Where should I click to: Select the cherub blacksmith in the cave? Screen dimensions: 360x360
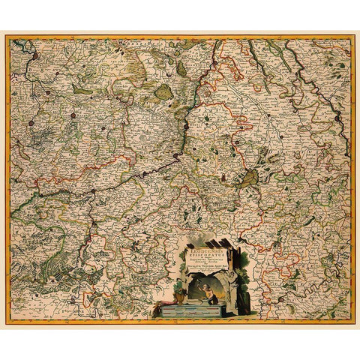click(203, 294)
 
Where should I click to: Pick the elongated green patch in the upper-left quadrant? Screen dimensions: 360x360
click(82, 90)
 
